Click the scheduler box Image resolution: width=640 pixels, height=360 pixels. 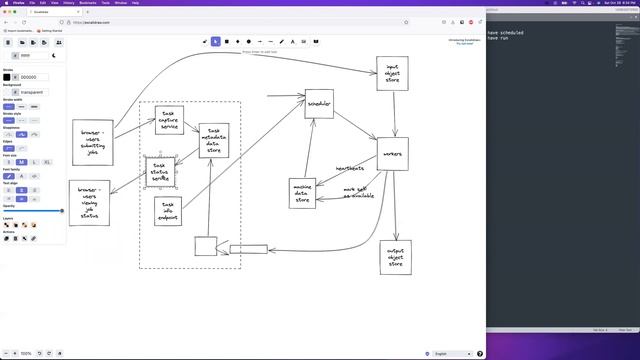click(x=320, y=104)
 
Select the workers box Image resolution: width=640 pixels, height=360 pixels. click(x=394, y=155)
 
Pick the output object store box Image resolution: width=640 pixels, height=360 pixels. click(x=396, y=257)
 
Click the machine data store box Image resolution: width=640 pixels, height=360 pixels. click(x=303, y=192)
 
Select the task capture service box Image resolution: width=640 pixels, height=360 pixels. click(x=168, y=121)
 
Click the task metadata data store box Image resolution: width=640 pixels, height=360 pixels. click(x=213, y=141)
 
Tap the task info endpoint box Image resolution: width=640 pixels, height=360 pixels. click(x=167, y=211)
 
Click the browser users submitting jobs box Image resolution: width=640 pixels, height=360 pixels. click(x=92, y=142)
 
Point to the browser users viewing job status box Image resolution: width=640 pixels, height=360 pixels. click(x=88, y=203)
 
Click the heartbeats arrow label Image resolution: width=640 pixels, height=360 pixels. click(x=349, y=168)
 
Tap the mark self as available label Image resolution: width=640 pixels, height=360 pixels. click(x=359, y=192)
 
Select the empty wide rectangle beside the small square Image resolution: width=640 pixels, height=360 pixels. click(x=249, y=249)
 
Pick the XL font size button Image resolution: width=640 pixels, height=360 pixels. click(x=47, y=162)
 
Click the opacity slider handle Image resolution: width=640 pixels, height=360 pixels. click(x=62, y=211)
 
